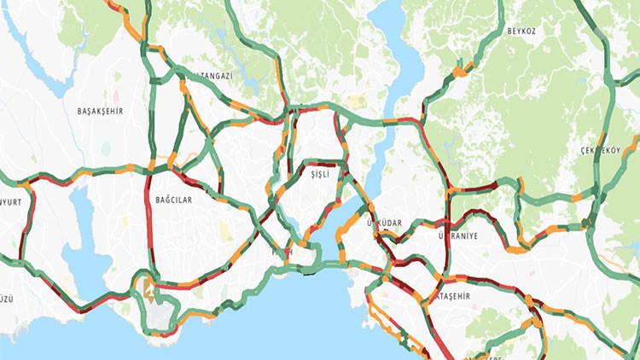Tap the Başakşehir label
[x=101, y=111]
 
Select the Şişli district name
[x=319, y=173]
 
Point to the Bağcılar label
[x=173, y=199]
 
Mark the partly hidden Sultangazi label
[x=213, y=76]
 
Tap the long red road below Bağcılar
[x=150, y=230]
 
